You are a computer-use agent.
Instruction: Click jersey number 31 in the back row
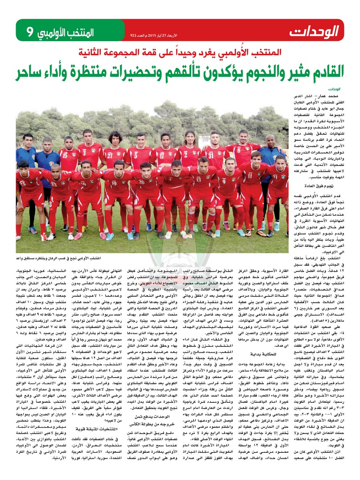pos(215,152)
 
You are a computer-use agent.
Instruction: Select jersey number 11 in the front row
pos(250,175)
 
